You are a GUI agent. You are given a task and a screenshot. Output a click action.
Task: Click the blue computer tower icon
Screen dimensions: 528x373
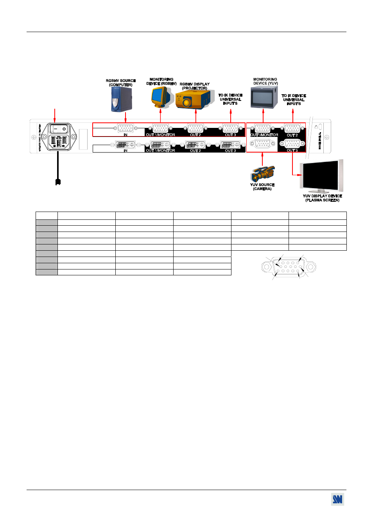(x=121, y=99)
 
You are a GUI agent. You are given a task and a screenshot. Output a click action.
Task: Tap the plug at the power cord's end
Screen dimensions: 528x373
(x=58, y=181)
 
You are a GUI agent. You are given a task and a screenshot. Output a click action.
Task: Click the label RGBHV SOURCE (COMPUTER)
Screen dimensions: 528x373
(x=121, y=83)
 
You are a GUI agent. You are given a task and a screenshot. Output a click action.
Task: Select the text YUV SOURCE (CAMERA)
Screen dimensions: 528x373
(x=262, y=187)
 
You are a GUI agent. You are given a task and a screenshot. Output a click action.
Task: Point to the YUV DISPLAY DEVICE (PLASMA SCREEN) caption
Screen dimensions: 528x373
(x=322, y=198)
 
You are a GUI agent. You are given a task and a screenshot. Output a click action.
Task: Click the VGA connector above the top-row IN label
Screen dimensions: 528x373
(x=125, y=128)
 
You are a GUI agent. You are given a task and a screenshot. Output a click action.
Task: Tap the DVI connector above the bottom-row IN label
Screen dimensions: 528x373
(x=125, y=145)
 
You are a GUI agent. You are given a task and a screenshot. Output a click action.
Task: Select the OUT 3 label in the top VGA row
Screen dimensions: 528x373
(x=230, y=135)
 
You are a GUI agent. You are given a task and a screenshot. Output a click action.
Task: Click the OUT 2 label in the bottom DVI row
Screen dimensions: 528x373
(x=195, y=151)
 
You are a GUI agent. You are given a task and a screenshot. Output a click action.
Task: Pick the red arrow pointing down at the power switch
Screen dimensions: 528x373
(x=55, y=115)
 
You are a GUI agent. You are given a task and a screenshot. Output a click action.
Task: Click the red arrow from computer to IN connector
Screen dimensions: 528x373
(x=125, y=118)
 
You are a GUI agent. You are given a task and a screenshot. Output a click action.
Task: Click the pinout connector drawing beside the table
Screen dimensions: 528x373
(x=289, y=267)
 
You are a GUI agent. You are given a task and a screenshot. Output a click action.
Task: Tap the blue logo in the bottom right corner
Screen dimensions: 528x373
(x=337, y=499)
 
